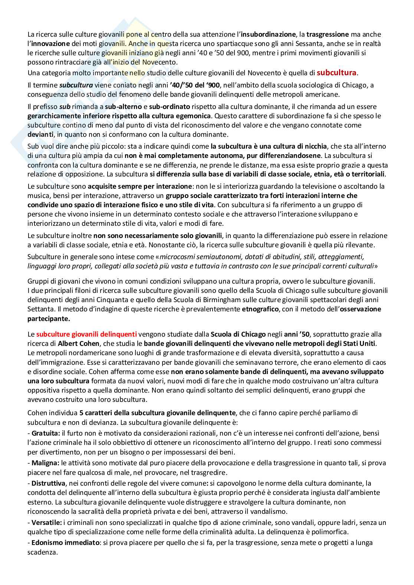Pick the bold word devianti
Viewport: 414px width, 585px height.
tap(40, 134)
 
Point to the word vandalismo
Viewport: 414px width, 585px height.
tap(268, 512)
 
